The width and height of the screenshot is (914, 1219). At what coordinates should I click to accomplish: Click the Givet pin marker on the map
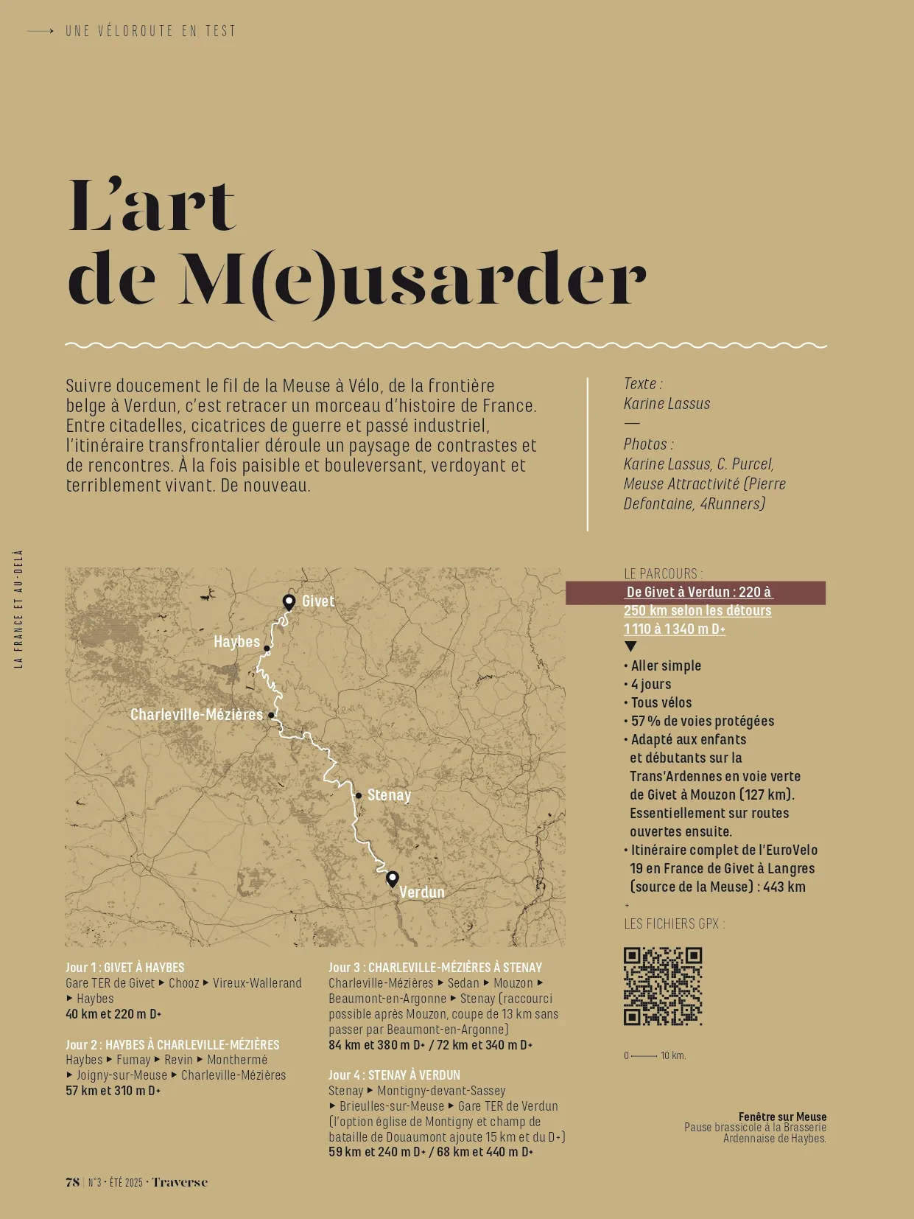pyautogui.click(x=289, y=602)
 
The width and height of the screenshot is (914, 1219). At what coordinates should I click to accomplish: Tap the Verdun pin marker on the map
pyautogui.click(x=393, y=879)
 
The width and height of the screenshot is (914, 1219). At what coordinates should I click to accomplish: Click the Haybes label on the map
pyautogui.click(x=236, y=642)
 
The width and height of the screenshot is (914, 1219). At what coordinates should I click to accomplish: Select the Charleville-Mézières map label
pyautogui.click(x=196, y=715)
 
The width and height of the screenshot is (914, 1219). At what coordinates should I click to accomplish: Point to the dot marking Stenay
pyautogui.click(x=359, y=796)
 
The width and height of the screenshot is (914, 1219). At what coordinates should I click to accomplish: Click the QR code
pyautogui.click(x=663, y=986)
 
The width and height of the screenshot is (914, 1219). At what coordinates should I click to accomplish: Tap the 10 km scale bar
pyautogui.click(x=645, y=1056)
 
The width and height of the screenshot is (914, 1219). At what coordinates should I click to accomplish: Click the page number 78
pyautogui.click(x=72, y=1182)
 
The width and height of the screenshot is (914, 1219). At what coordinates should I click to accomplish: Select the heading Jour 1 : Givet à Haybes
pyautogui.click(x=124, y=968)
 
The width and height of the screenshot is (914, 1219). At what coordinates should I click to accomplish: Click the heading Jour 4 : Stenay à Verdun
pyautogui.click(x=393, y=1075)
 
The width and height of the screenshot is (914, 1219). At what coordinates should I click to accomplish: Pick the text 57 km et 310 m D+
pyautogui.click(x=113, y=1091)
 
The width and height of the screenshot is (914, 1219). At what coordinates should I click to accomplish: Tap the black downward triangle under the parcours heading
pyautogui.click(x=630, y=647)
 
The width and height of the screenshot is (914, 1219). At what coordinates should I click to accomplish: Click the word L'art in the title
pyautogui.click(x=152, y=206)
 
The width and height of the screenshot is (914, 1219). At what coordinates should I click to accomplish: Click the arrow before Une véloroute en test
pyautogui.click(x=41, y=31)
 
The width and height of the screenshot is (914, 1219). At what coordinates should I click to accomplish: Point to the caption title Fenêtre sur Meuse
pyautogui.click(x=782, y=1117)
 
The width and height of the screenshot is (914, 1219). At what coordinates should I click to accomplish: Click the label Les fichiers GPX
pyautogui.click(x=674, y=923)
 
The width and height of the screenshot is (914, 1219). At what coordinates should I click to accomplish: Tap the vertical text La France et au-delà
pyautogui.click(x=19, y=609)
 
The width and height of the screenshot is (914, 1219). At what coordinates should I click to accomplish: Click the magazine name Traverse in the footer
pyautogui.click(x=180, y=1182)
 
